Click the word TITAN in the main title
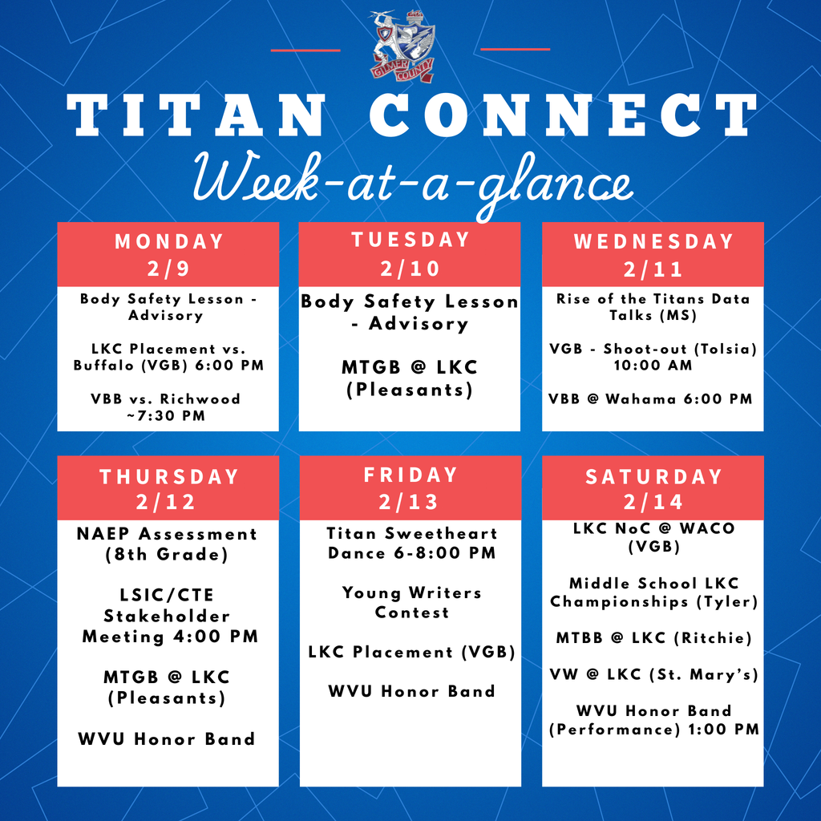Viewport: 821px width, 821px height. coord(195,115)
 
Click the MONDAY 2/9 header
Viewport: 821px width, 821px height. coord(168,254)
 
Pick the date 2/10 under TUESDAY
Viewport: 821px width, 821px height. coord(410,268)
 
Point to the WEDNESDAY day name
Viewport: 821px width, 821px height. coord(653,241)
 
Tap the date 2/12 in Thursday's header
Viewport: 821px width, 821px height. coord(168,502)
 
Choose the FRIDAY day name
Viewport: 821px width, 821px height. coord(410,475)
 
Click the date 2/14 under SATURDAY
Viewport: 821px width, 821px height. coord(653,502)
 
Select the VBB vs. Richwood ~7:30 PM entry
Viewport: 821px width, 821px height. coord(166,406)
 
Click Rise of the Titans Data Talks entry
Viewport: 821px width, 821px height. coord(653,307)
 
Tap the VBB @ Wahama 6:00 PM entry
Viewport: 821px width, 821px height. coord(651,399)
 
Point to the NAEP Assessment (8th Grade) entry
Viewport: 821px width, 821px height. coord(168,544)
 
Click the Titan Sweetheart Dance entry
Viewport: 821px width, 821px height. coord(411,543)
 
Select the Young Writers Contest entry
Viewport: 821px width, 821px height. coord(411,602)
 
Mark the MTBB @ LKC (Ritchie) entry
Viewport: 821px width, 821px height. coord(653,638)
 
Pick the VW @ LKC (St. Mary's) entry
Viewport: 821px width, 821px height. coord(653,674)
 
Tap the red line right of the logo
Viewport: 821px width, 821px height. coord(515,50)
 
